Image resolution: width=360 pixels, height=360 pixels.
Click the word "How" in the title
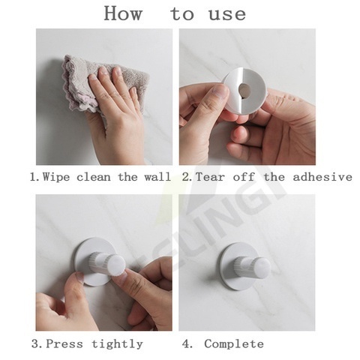(x=123, y=13)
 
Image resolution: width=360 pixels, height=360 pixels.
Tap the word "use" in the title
(x=227, y=14)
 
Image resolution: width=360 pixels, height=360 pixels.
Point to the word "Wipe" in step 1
(x=56, y=177)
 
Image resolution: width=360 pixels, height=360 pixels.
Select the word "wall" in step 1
(x=157, y=177)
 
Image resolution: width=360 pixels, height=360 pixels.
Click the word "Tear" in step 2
(x=210, y=177)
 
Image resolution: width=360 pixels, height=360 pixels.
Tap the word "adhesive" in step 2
(x=322, y=177)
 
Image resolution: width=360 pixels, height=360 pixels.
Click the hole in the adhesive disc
(x=244, y=89)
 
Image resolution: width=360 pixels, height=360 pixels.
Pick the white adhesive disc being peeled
(x=245, y=91)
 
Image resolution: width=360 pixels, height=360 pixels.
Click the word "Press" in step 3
(x=64, y=344)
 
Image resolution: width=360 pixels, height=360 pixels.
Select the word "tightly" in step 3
(x=117, y=344)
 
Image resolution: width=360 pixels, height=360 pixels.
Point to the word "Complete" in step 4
(x=234, y=344)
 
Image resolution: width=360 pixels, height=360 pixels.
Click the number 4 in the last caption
(x=187, y=344)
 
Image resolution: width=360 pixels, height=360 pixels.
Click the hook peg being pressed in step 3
(x=107, y=263)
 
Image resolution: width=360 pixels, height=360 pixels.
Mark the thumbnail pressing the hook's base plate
(x=81, y=277)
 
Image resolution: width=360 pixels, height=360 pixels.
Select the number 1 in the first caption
(x=34, y=177)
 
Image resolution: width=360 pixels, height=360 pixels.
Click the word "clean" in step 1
(x=94, y=177)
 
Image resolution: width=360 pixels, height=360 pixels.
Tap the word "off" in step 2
(x=244, y=177)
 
